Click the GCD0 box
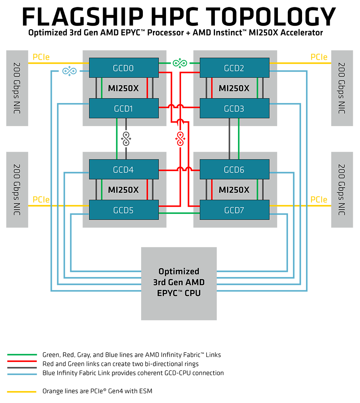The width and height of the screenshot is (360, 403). click(x=123, y=68)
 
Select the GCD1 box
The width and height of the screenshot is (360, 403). click(x=123, y=108)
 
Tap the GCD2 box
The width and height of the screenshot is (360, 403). click(x=234, y=68)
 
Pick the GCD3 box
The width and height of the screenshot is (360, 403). click(x=234, y=108)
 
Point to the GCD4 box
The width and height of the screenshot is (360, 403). click(x=123, y=170)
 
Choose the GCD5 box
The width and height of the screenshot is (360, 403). click(x=123, y=210)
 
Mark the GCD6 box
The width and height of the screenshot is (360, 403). click(x=234, y=170)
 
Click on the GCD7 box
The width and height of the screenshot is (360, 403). click(x=234, y=210)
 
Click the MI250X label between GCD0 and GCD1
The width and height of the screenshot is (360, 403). click(x=123, y=88)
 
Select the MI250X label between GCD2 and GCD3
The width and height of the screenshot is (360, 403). click(x=234, y=88)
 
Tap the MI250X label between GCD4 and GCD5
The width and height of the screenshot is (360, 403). click(x=123, y=190)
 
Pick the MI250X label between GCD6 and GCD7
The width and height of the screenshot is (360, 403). click(x=234, y=190)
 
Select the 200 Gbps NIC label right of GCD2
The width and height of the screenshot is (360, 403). click(x=342, y=88)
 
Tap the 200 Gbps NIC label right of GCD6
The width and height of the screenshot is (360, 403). click(x=342, y=190)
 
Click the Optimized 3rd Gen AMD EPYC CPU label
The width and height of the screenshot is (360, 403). click(x=179, y=282)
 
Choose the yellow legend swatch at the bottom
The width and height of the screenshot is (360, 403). click(x=23, y=391)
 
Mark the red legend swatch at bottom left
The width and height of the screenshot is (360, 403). click(x=23, y=361)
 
